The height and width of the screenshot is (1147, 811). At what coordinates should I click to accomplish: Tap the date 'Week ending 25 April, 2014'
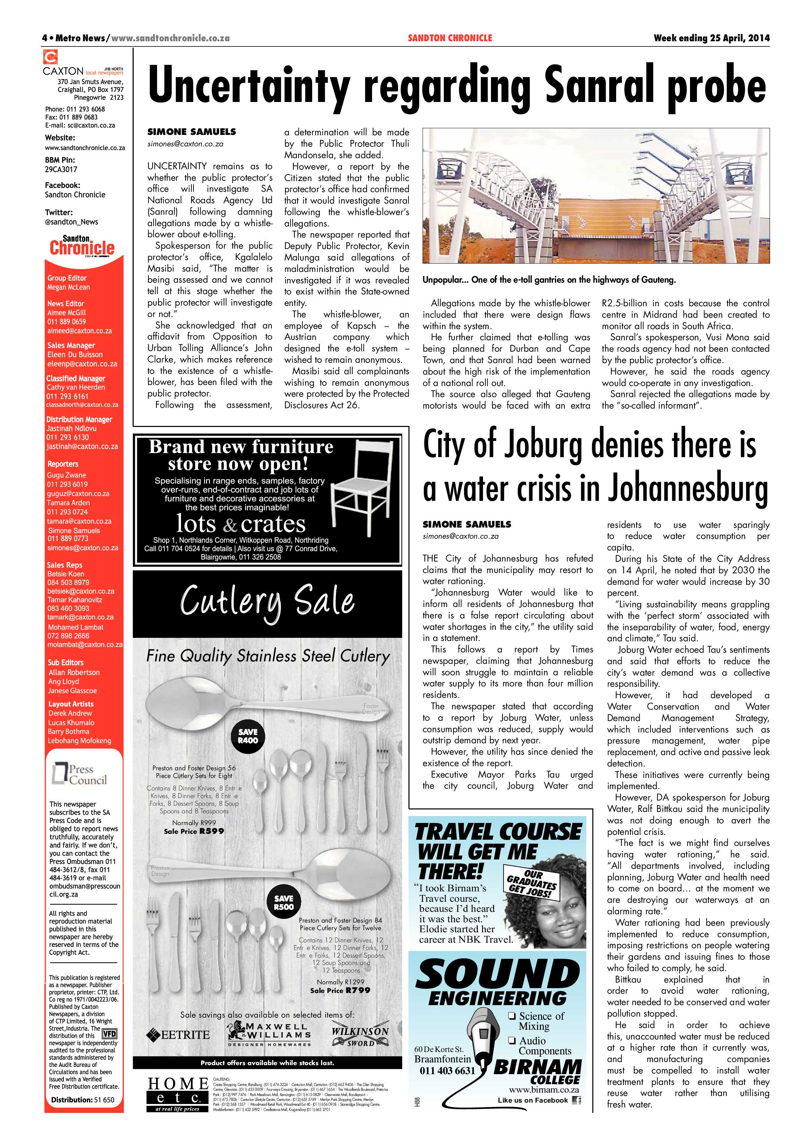[711, 38]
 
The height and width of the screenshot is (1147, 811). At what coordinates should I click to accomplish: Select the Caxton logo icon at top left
[50, 57]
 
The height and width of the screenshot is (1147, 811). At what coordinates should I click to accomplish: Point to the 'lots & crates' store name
[240, 524]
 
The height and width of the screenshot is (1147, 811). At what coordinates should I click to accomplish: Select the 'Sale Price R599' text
[194, 831]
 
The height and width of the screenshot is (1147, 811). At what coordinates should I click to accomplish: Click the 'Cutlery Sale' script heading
[267, 602]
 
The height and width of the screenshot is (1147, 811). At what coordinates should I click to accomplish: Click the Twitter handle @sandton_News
[71, 222]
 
